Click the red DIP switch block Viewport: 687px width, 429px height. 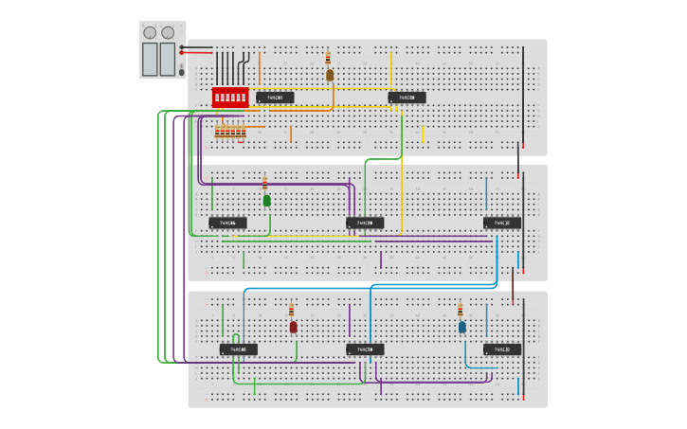click(230, 97)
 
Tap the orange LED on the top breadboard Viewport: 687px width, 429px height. click(330, 75)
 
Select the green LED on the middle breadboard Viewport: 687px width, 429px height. click(267, 200)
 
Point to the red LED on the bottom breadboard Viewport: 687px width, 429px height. click(293, 327)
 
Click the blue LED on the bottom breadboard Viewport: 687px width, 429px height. click(462, 327)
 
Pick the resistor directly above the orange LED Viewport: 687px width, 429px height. click(328, 58)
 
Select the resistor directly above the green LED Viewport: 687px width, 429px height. click(265, 183)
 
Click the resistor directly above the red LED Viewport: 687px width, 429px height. click(291, 310)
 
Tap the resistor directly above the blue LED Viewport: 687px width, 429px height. click(461, 310)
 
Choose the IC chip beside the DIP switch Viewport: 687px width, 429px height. click(275, 97)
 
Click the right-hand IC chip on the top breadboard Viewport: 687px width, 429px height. click(407, 97)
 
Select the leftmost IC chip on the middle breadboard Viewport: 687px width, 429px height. click(228, 223)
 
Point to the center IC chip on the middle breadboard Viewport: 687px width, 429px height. click(365, 223)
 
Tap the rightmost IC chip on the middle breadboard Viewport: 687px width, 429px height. click(502, 223)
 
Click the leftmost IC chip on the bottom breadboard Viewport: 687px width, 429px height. click(239, 349)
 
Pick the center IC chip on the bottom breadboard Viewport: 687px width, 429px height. click(365, 349)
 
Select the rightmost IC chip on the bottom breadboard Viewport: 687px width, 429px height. click(502, 349)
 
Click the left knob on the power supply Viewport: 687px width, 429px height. click(150, 32)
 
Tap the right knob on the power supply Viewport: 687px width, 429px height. click(168, 32)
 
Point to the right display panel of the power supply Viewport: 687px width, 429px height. click(168, 59)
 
